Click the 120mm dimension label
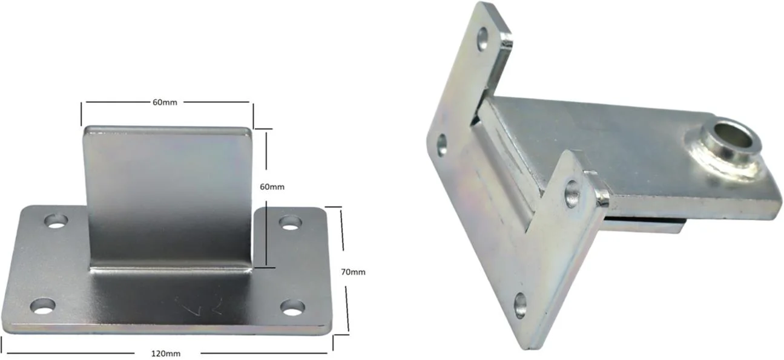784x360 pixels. [x=165, y=354]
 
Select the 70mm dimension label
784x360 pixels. [x=353, y=272]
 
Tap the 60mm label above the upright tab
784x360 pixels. [x=165, y=102]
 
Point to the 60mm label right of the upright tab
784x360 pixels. [x=272, y=187]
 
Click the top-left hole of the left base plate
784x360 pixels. [x=56, y=221]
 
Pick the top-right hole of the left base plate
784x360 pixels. [x=290, y=223]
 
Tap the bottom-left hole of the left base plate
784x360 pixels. [x=43, y=306]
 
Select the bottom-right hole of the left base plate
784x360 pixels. [x=292, y=308]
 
